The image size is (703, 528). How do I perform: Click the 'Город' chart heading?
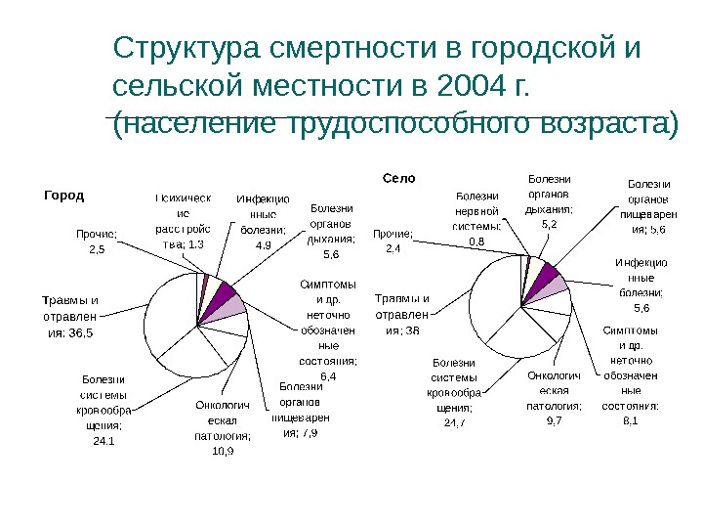65,195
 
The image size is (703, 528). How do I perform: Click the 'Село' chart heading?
398,179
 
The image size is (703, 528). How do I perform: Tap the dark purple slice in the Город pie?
223,295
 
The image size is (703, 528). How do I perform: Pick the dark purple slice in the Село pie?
548,275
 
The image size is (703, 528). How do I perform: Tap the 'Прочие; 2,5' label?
97,242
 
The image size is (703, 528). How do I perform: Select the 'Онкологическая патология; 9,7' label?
554,397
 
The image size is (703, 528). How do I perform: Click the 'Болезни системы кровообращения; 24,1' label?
103,410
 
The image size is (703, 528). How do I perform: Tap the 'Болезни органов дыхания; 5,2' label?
549,201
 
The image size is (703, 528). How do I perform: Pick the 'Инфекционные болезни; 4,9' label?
263,222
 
